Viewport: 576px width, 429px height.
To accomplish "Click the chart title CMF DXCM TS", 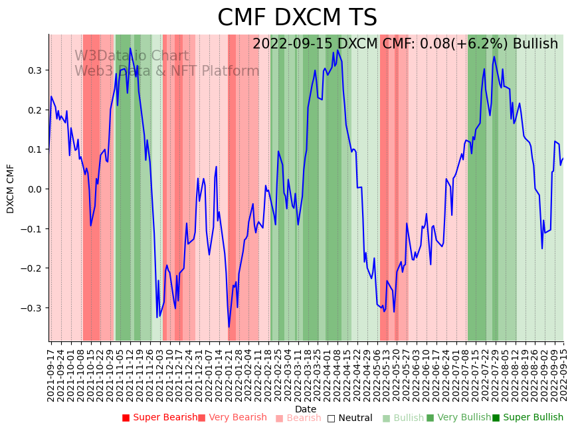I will [297, 18].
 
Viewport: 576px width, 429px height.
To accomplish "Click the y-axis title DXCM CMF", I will [11, 189].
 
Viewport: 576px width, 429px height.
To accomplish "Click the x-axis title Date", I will [306, 409].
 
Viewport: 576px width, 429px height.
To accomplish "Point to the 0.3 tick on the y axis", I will [34, 70].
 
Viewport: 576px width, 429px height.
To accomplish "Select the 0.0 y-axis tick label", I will [34, 189].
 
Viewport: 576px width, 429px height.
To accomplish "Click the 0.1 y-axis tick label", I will [34, 149].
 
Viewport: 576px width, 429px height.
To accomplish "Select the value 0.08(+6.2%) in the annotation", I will [456, 44].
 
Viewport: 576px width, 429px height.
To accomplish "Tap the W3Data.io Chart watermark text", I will [132, 56].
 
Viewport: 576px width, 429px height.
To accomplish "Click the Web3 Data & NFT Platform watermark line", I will [167, 71].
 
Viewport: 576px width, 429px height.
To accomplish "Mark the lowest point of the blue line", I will [229, 327].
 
